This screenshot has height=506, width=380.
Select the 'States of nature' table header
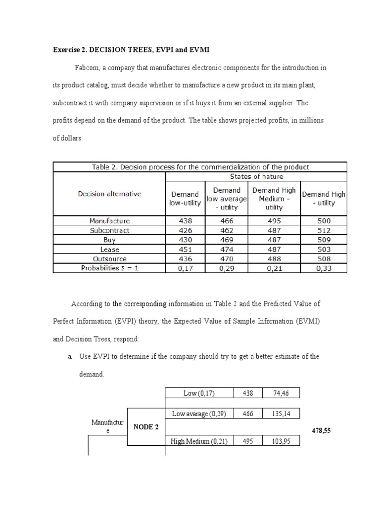pos(256,176)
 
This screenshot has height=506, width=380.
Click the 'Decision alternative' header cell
pos(109,194)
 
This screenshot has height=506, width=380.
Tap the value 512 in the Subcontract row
pos(325,230)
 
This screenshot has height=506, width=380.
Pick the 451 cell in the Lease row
pos(185,250)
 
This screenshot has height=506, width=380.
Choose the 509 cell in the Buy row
pos(325,240)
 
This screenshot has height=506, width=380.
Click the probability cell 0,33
pos(325,268)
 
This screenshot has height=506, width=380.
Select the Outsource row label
pos(109,259)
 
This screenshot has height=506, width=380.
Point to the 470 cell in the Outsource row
pos(227,259)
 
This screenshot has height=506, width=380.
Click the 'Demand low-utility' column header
pos(185,198)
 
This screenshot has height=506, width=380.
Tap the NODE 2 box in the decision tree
pos(146,427)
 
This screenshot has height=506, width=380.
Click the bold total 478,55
pos(321,431)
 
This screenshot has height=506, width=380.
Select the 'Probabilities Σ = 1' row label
pos(109,268)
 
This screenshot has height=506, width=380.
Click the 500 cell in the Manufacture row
pos(325,221)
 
